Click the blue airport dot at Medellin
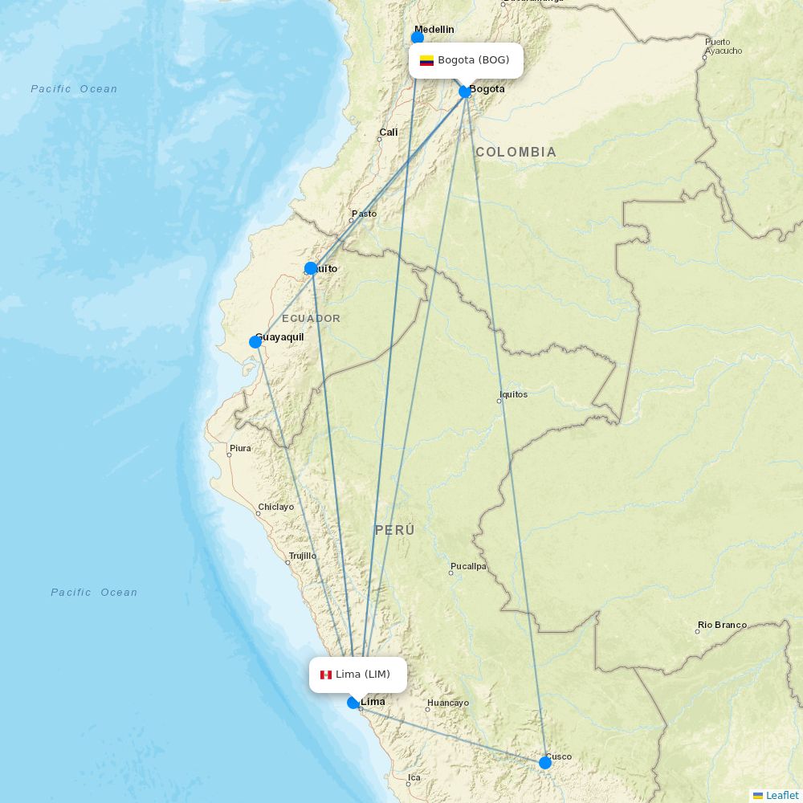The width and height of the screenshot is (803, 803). point(418,37)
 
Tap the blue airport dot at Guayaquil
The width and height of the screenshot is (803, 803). point(255,342)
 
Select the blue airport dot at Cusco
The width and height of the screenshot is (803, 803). point(545,762)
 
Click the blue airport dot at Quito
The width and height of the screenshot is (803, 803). point(311,268)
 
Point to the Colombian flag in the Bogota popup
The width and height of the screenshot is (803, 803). point(426,60)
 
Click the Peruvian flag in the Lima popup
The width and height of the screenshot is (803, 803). point(326,675)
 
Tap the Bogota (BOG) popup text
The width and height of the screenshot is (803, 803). point(473,60)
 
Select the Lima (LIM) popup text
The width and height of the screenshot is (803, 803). point(363,675)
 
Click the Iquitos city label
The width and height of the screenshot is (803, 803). point(514,394)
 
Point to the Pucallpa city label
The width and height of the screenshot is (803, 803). point(468,566)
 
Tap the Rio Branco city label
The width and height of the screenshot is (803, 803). point(722,625)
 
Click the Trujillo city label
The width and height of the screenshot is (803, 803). point(303,556)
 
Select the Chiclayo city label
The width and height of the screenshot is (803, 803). point(275,507)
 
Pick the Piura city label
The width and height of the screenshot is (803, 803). point(240,448)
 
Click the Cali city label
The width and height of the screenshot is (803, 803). point(389,132)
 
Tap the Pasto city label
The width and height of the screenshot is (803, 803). point(364,214)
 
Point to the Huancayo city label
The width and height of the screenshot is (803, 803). point(448,703)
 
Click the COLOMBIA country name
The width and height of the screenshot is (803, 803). point(516,152)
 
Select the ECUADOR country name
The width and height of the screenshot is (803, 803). point(311,319)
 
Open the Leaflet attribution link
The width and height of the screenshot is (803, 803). point(781,795)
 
